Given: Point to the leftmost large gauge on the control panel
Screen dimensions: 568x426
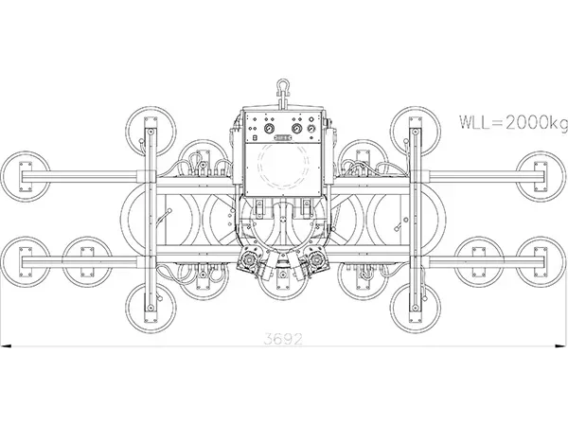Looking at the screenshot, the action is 269,128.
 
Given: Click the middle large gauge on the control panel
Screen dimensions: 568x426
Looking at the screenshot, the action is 296,128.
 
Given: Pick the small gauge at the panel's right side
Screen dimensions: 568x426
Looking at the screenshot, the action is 311,129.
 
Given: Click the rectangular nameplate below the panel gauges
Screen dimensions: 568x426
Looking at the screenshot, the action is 283,138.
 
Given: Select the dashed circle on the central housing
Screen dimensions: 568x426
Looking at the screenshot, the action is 283,166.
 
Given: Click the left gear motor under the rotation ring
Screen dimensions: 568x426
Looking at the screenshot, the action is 249,259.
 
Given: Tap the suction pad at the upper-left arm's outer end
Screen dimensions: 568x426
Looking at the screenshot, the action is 26,176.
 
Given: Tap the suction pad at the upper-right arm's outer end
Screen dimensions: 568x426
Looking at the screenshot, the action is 541,176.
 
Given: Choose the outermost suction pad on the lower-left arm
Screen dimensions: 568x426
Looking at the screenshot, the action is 26,262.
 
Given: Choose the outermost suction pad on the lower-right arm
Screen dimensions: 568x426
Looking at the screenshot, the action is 541,262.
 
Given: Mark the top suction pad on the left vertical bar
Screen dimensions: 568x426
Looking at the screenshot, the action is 151,132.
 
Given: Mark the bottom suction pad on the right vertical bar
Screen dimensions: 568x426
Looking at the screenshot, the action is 416,308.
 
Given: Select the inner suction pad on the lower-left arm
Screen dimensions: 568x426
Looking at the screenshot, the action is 87,262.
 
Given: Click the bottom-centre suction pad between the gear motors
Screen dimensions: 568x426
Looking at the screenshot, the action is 283,282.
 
